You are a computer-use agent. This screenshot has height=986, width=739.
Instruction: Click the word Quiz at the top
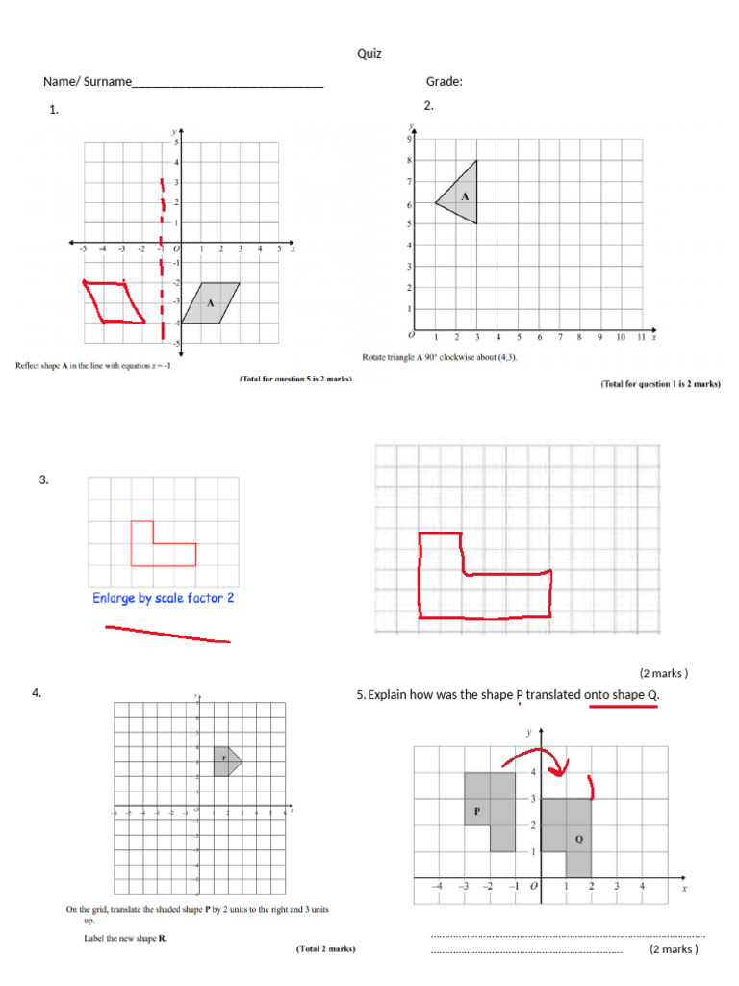[x=369, y=54]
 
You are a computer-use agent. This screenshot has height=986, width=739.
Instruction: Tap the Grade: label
[x=445, y=82]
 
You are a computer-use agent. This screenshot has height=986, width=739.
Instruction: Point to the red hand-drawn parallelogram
[x=115, y=301]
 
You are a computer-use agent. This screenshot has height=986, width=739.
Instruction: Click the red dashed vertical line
[x=163, y=260]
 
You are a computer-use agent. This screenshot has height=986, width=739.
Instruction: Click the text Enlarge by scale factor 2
[x=164, y=598]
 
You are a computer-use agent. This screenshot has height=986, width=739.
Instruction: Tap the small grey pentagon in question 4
[x=227, y=760]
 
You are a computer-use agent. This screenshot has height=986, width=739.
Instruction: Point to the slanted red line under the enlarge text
[x=167, y=634]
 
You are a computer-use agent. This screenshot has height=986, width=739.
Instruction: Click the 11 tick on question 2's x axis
[x=641, y=338]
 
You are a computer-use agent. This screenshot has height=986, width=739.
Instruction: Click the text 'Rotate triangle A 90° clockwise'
[x=433, y=357]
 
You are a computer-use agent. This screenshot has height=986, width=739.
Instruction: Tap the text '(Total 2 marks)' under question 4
[x=325, y=949]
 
